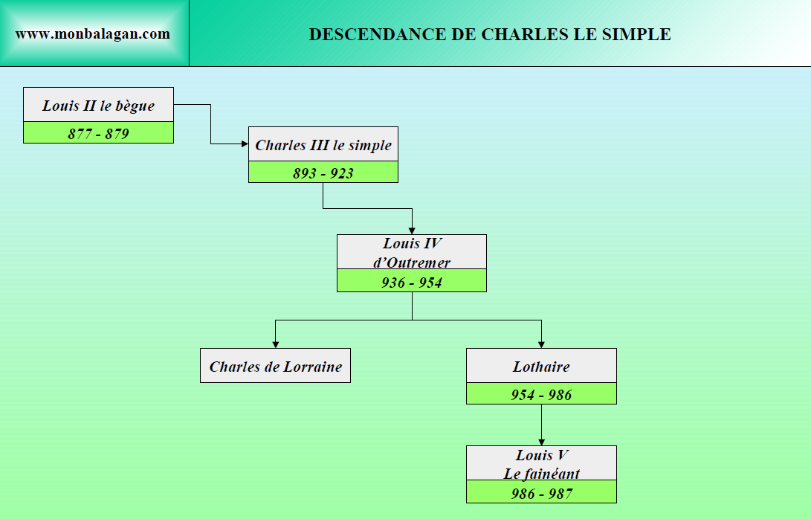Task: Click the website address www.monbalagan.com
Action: tap(93, 34)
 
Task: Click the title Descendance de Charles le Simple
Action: tap(490, 34)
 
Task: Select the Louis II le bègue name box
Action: tap(98, 105)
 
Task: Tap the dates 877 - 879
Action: tap(98, 133)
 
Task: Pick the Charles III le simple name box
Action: tap(323, 144)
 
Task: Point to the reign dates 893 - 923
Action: tap(323, 173)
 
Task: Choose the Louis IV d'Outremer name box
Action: tap(412, 252)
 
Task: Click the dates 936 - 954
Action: tap(412, 282)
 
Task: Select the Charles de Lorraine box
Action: tap(275, 366)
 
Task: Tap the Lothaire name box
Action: tap(541, 366)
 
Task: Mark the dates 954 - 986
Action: tap(541, 394)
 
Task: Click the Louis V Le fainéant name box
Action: tap(541, 463)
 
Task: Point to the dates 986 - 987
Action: tap(541, 492)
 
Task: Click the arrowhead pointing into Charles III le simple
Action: tap(245, 144)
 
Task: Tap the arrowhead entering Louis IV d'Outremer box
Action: tap(412, 231)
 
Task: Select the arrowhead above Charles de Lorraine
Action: tap(275, 344)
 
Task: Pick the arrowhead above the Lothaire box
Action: tap(541, 344)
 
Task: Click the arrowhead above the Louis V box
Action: tap(541, 442)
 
